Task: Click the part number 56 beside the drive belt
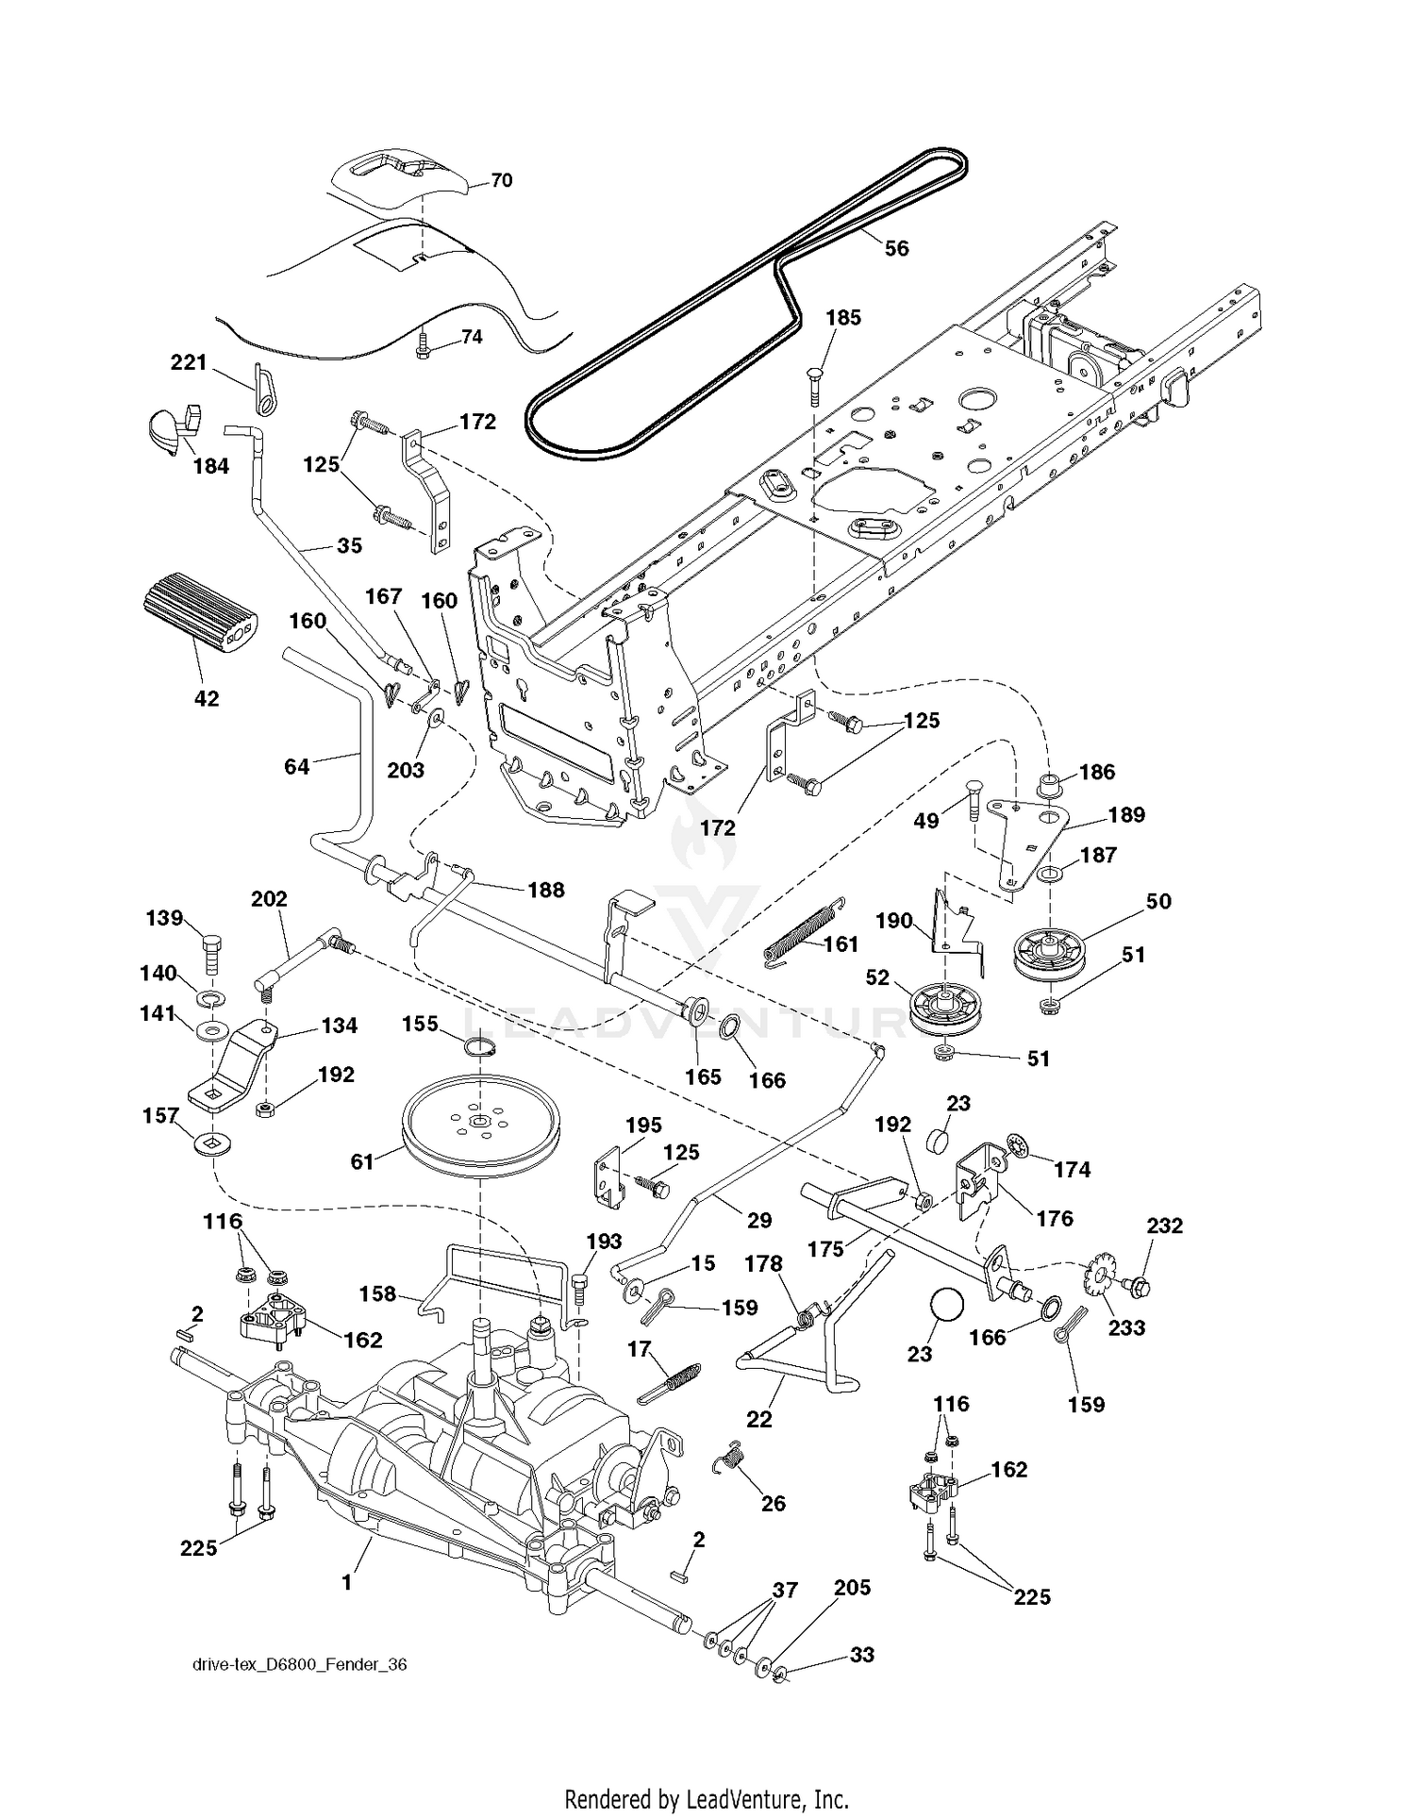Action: (x=896, y=248)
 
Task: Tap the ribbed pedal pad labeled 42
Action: (x=200, y=617)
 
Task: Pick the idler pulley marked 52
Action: (x=944, y=1008)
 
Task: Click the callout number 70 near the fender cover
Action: (x=502, y=179)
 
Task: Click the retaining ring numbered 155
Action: (x=481, y=1047)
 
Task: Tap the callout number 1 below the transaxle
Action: (x=346, y=1582)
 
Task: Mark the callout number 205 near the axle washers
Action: (x=852, y=1588)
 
